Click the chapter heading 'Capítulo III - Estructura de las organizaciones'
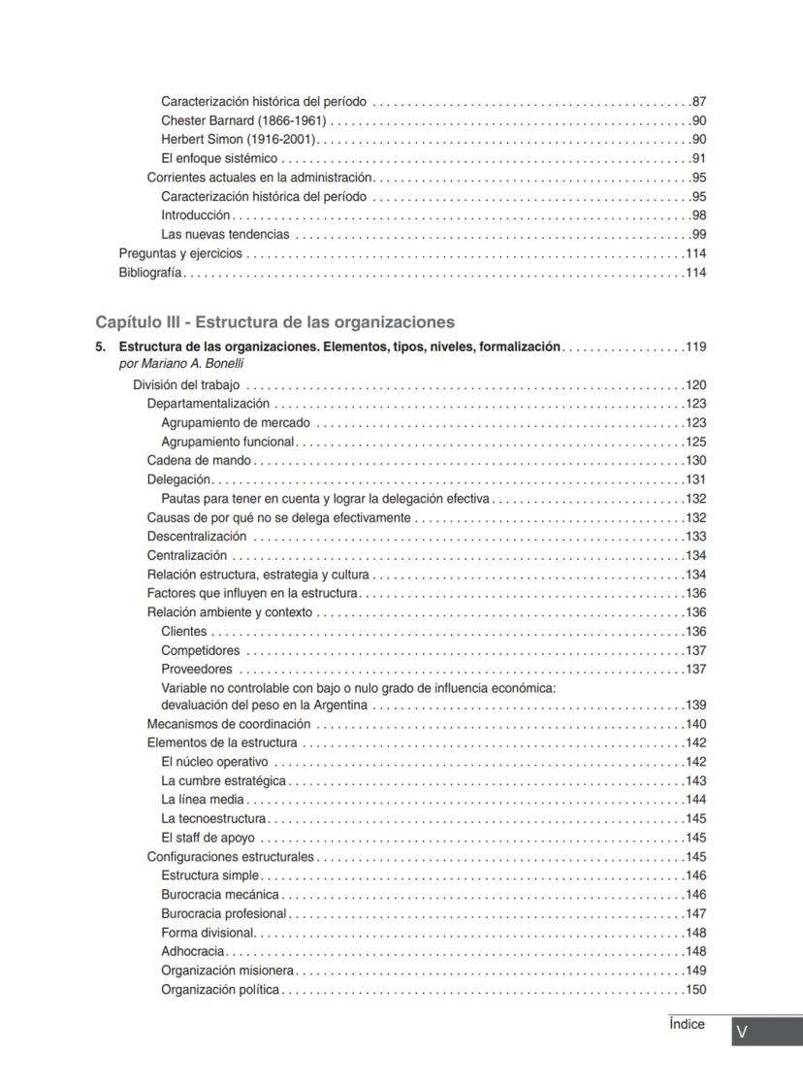click(x=274, y=322)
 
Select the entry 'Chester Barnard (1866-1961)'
click(x=243, y=120)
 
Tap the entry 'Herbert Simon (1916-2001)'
click(x=237, y=140)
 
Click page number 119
click(x=695, y=346)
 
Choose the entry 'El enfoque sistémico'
click(x=219, y=158)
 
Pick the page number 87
click(x=698, y=102)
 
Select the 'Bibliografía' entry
click(x=150, y=273)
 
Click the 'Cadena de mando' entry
click(x=199, y=461)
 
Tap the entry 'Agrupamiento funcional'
click(x=227, y=442)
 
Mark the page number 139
click(x=695, y=706)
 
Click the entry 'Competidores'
click(x=200, y=650)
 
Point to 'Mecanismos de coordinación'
click(x=229, y=724)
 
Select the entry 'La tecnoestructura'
click(x=213, y=819)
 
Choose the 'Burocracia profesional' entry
click(x=224, y=913)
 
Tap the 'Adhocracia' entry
click(x=193, y=951)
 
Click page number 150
click(x=695, y=990)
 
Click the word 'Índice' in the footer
click(x=687, y=1025)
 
